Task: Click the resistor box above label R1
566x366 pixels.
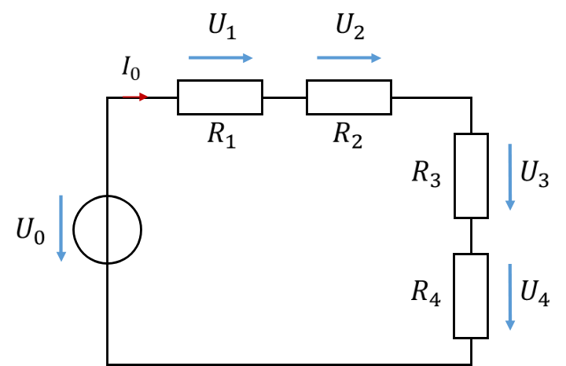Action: [220, 80]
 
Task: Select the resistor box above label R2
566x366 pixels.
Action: [349, 80]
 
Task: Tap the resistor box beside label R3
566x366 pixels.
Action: [455, 176]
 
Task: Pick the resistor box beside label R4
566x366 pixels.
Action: [454, 296]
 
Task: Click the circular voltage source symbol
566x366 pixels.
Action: [74, 229]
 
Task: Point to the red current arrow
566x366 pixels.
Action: [135, 97]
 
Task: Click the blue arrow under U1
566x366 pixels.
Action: [221, 57]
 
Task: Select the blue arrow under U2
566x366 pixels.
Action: [349, 57]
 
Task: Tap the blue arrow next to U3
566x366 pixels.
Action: [510, 177]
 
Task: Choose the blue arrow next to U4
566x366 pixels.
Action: [510, 297]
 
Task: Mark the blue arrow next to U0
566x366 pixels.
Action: [61, 229]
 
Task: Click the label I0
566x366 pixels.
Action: [131, 68]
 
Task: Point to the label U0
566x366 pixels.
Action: [31, 231]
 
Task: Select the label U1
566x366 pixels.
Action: [222, 27]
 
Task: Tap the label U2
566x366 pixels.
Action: [350, 27]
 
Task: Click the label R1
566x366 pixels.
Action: [222, 135]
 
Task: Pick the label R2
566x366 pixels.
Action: [347, 135]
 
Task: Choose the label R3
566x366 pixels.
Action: [426, 174]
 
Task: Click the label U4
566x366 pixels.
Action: [535, 293]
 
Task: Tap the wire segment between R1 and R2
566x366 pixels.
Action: [285, 97]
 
